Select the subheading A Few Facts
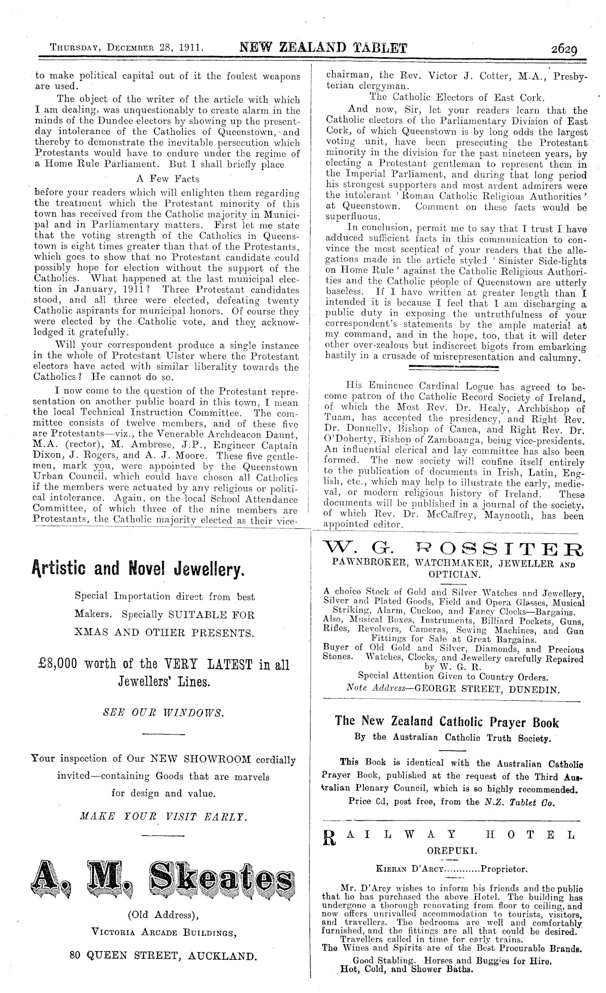[x=167, y=178]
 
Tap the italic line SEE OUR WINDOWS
[x=163, y=712]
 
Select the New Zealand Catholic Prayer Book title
[x=447, y=722]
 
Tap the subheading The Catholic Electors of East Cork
[x=456, y=97]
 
